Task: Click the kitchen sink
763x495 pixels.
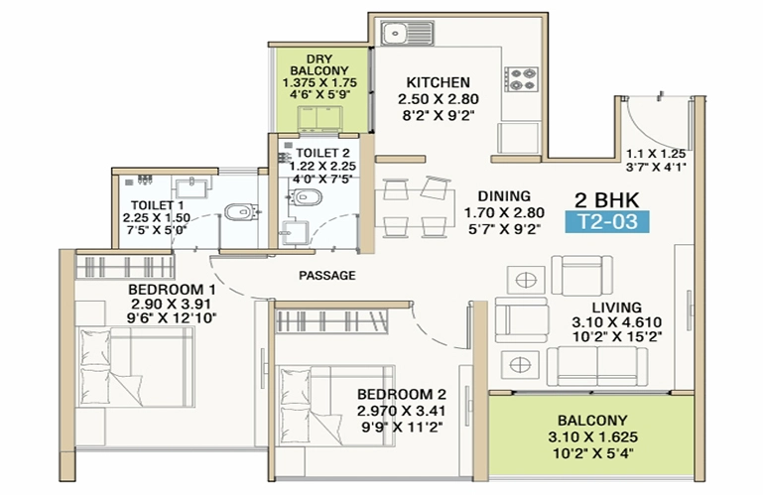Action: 407,33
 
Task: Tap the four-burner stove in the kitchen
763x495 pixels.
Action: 521,78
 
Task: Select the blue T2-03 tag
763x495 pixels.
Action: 607,222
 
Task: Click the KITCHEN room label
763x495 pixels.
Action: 438,82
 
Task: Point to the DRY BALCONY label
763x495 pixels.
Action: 319,64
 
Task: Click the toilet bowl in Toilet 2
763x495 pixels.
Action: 306,197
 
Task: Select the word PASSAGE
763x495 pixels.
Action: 327,276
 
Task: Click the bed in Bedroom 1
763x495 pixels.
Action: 136,367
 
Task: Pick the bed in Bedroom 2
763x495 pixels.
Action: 335,406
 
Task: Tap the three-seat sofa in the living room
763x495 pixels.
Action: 597,366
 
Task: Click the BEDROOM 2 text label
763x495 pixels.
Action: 402,394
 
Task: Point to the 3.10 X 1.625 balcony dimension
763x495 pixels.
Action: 592,437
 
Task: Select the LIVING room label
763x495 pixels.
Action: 616,308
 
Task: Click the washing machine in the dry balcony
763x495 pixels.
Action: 319,119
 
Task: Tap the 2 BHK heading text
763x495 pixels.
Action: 607,200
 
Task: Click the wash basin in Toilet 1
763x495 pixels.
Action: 191,187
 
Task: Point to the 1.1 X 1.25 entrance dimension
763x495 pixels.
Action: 656,154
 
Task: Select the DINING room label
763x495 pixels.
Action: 504,196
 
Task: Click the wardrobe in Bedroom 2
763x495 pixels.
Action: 331,321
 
